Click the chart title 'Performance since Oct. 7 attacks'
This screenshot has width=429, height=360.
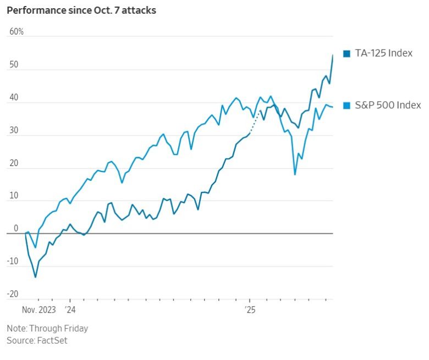coord(81,10)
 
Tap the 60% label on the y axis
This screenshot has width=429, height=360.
coord(16,32)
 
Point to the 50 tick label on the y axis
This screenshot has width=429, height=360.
coord(14,65)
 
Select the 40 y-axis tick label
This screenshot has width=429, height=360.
coord(14,98)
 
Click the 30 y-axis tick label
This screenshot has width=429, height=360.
coord(14,131)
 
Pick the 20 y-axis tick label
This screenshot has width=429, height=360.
coord(14,163)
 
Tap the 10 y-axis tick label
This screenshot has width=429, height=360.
coord(14,196)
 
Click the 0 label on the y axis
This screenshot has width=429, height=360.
coord(16,229)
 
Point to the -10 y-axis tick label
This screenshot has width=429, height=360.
coord(13,262)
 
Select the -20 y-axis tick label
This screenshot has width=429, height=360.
coord(13,294)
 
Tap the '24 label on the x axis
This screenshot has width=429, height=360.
coord(70,309)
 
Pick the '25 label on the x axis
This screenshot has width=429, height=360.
coord(250,309)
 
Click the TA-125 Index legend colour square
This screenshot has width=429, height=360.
coord(346,53)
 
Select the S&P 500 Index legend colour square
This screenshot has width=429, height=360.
coord(346,106)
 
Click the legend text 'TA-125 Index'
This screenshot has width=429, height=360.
coord(383,53)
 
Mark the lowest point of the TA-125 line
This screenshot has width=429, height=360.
coord(36,277)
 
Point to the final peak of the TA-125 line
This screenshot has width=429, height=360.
coord(333,55)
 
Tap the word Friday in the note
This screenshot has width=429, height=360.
coord(74,329)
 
